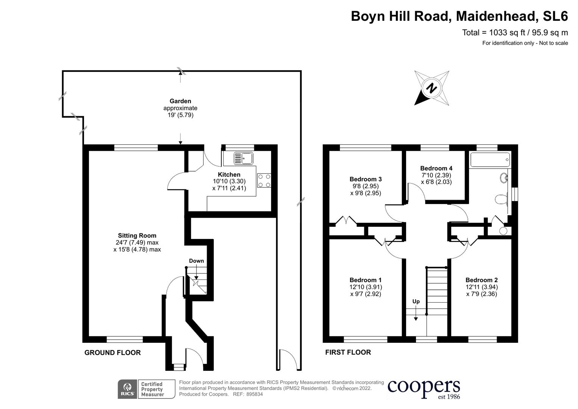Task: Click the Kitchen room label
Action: [x=229, y=175]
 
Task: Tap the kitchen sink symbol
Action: [x=243, y=158]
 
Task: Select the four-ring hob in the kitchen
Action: [x=264, y=180]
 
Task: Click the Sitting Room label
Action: [x=137, y=236]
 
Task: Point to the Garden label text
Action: [x=180, y=101]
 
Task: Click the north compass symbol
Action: [x=432, y=88]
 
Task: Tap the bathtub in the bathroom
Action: [x=490, y=160]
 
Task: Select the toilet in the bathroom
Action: [x=501, y=199]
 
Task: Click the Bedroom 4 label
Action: [x=436, y=168]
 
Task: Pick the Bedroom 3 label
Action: [x=365, y=179]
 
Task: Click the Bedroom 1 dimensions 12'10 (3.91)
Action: [x=366, y=287]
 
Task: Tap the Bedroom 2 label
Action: [x=481, y=280]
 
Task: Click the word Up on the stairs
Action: [x=416, y=301]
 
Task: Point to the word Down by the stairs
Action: [x=196, y=261]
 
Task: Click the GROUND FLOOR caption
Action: [x=112, y=353]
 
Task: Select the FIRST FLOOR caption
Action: [x=348, y=352]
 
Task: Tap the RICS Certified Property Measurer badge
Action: [x=146, y=389]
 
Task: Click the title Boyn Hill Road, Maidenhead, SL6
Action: [x=459, y=16]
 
